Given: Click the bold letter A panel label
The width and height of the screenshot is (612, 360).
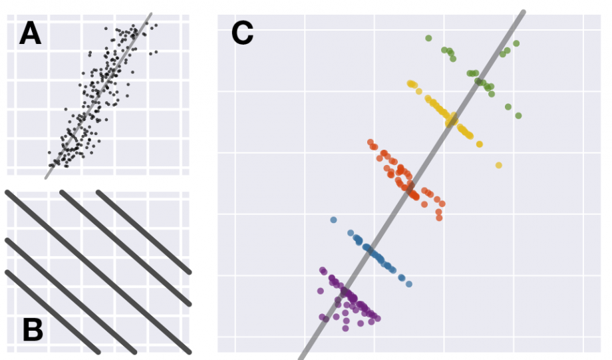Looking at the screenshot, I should click(30, 33).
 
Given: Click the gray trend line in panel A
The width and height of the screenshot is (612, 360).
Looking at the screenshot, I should click(100, 93).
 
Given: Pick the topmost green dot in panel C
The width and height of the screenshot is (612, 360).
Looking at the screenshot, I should click(428, 38).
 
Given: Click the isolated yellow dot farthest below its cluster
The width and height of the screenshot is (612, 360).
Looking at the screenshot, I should click(499, 165).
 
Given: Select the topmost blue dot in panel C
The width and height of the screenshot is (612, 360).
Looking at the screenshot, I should click(333, 220).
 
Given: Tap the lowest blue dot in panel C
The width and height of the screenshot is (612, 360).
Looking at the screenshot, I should click(409, 284).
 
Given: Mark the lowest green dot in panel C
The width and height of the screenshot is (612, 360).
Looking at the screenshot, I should click(518, 116).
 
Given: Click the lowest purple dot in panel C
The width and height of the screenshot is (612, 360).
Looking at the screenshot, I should click(345, 328).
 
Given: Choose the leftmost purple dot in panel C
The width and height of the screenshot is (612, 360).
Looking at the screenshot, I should click(320, 291).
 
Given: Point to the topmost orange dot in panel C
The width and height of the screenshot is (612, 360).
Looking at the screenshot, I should click(371, 142).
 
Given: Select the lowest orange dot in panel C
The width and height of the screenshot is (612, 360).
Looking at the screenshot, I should click(439, 218).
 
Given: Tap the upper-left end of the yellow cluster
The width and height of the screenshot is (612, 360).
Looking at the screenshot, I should click(410, 83).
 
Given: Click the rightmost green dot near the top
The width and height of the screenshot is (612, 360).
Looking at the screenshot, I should click(516, 43).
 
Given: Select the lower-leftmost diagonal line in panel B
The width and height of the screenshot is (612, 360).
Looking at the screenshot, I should click(53, 312).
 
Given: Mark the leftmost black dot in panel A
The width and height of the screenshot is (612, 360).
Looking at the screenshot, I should click(49, 153).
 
